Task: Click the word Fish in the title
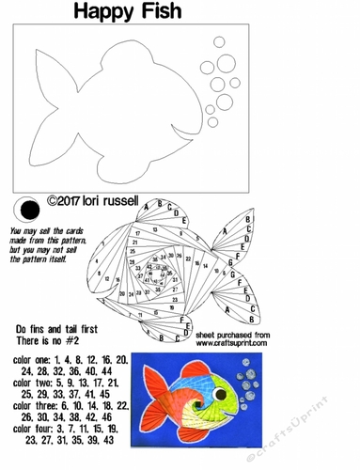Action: pyautogui.click(x=200, y=12)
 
